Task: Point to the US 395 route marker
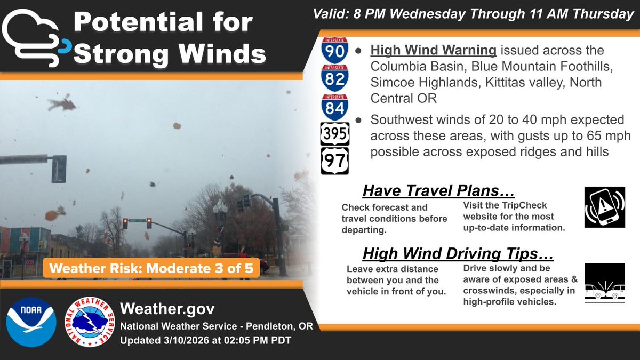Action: pyautogui.click(x=335, y=133)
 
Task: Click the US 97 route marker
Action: pyautogui.click(x=335, y=160)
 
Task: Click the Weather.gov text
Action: pyautogui.click(x=168, y=309)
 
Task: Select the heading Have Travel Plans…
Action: pyautogui.click(x=439, y=190)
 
